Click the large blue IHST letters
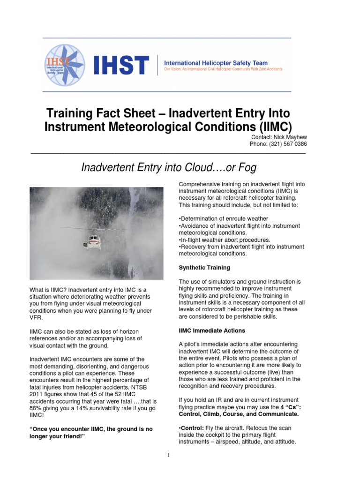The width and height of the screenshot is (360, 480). pos(121,65)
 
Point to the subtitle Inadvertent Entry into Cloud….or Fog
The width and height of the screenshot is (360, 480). pos(169,167)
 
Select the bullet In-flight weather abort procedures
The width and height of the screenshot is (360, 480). pos(225,240)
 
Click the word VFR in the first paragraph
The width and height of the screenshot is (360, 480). pos(36,317)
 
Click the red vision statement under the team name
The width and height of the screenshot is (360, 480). pos(223,69)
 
